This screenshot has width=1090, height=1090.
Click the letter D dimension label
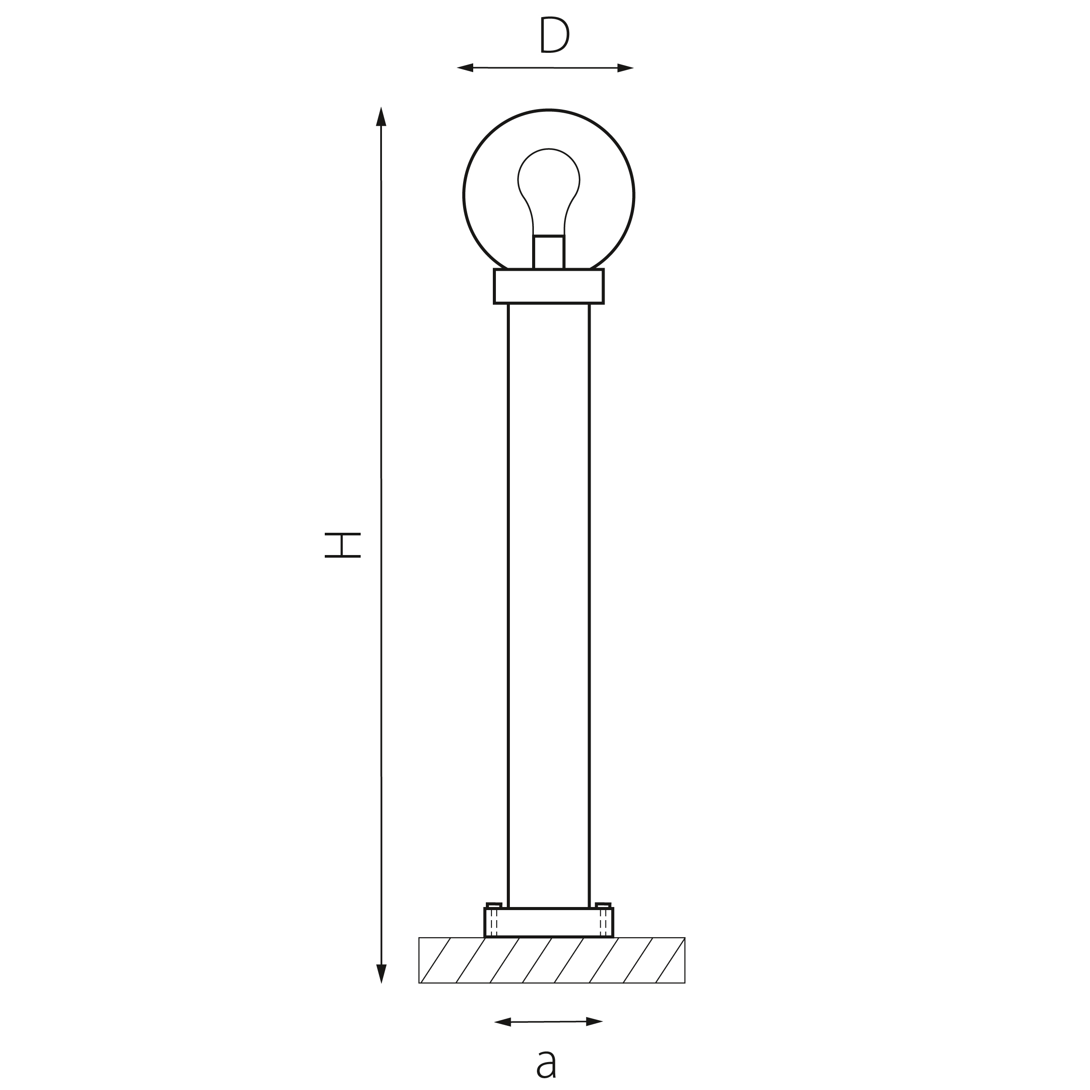[554, 34]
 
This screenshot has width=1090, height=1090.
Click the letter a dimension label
[546, 1064]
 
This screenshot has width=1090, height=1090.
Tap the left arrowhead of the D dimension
[465, 68]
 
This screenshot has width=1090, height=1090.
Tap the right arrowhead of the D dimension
[626, 68]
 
